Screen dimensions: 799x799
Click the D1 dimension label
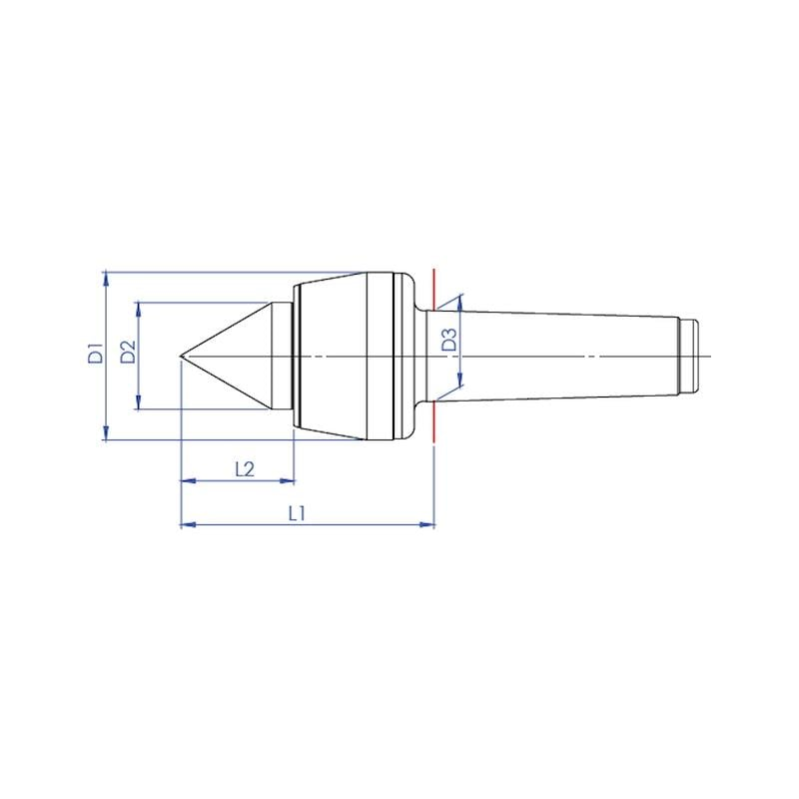tap(96, 354)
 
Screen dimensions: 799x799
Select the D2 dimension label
tap(129, 352)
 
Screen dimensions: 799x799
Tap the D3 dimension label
tap(449, 340)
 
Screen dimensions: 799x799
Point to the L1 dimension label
tap(297, 513)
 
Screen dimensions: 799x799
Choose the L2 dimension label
tap(245, 469)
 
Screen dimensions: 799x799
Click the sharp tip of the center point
tap(180, 356)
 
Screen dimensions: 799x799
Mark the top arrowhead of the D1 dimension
tap(106, 279)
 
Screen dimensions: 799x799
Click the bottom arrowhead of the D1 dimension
tap(106, 433)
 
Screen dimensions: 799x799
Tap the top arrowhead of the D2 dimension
tap(138, 309)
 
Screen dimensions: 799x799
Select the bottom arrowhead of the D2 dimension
tap(138, 402)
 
